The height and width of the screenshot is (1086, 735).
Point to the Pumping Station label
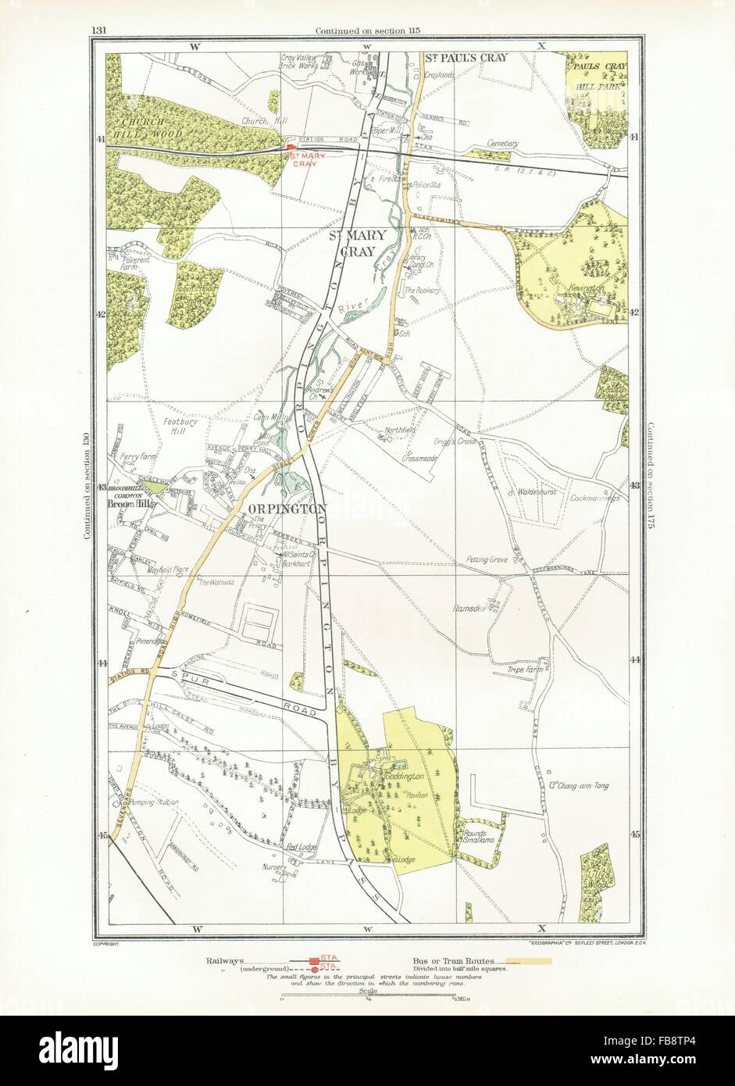[x=155, y=802]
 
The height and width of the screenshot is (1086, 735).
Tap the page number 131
[x=98, y=30]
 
